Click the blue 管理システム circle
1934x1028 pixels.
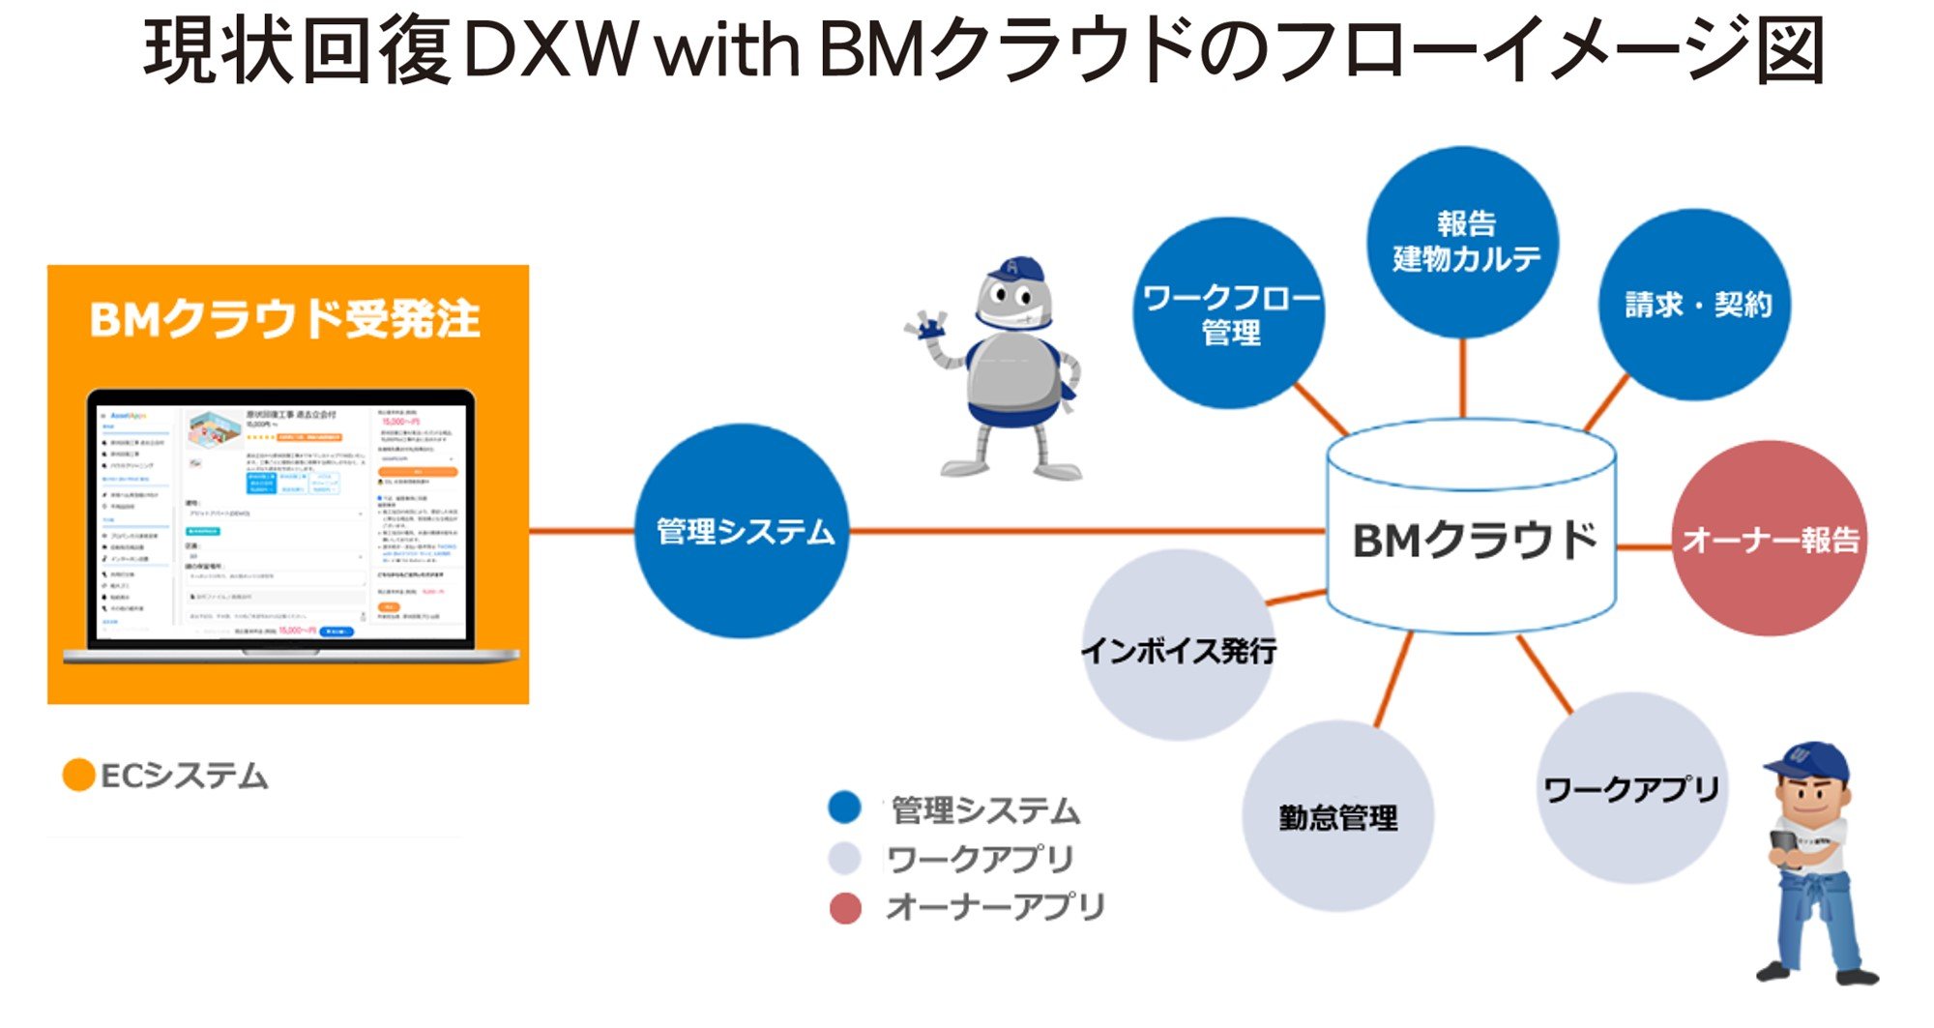click(x=742, y=531)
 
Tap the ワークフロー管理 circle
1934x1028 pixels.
click(x=1229, y=313)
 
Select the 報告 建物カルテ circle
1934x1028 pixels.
click(x=1463, y=242)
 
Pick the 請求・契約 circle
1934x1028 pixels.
click(x=1694, y=305)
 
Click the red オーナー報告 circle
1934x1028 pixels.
click(x=1770, y=539)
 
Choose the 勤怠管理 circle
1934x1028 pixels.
click(x=1337, y=816)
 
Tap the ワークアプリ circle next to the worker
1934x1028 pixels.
click(x=1631, y=788)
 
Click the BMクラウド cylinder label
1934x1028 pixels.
click(x=1473, y=540)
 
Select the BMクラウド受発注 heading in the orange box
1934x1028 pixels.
click(x=285, y=319)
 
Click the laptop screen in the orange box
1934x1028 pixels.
click(x=280, y=522)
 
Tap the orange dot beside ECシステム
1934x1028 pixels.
click(x=78, y=775)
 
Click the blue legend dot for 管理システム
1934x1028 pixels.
click(x=844, y=808)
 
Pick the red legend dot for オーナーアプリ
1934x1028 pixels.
click(x=845, y=908)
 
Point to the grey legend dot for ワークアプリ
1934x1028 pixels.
click(x=844, y=858)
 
